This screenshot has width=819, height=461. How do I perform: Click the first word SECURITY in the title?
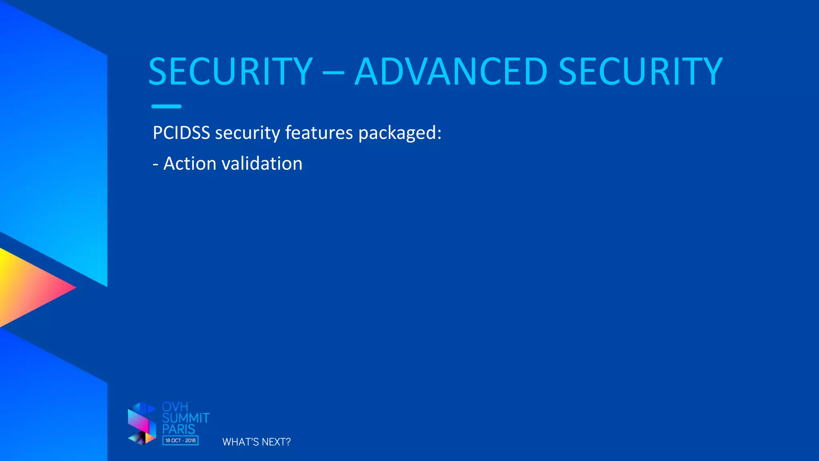click(x=230, y=72)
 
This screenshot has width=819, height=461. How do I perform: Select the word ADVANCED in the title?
click(x=451, y=72)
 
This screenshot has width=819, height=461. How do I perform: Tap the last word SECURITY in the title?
click(x=640, y=72)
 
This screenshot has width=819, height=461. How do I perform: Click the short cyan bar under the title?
click(x=166, y=106)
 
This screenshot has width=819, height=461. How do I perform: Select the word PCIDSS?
click(x=181, y=133)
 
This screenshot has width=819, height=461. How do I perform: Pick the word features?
click(x=319, y=133)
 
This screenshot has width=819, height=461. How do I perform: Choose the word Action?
click(x=190, y=164)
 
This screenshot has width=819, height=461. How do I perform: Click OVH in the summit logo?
click(x=175, y=407)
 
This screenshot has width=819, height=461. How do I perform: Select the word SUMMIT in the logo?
click(x=186, y=418)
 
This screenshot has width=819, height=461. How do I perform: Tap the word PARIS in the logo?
click(x=178, y=429)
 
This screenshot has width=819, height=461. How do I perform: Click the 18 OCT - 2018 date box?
click(x=180, y=441)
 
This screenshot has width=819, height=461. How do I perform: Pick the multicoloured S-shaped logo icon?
click(x=142, y=424)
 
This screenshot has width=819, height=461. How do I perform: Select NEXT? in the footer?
click(x=276, y=442)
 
